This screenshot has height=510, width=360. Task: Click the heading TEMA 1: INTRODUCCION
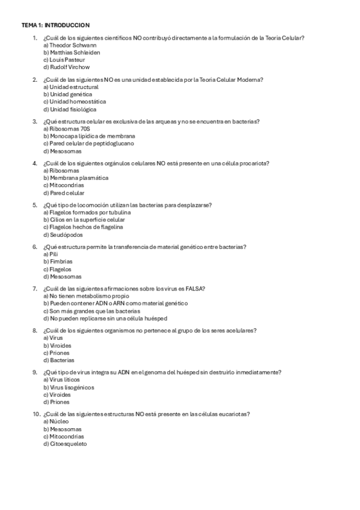coord(55,25)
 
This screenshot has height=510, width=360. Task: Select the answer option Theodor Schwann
coord(70,45)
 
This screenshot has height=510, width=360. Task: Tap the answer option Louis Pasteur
coord(64,60)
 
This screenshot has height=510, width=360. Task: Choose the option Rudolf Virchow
coord(66,67)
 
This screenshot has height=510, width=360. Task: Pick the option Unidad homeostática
coord(75,102)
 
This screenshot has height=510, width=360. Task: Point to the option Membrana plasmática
coord(76,178)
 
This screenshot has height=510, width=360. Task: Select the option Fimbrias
coord(58,262)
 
